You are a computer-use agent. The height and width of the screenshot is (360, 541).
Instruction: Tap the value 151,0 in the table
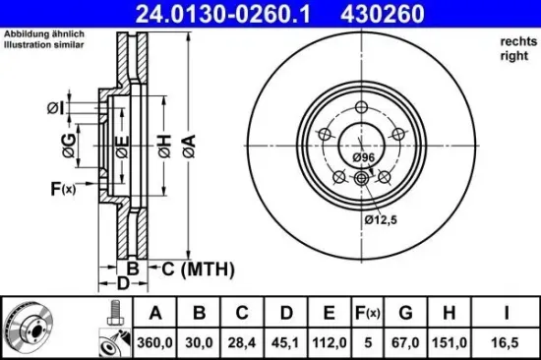(450, 341)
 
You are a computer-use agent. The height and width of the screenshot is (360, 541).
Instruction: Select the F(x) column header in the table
(366, 313)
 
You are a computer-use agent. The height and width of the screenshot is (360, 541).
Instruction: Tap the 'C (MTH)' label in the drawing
(192, 267)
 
